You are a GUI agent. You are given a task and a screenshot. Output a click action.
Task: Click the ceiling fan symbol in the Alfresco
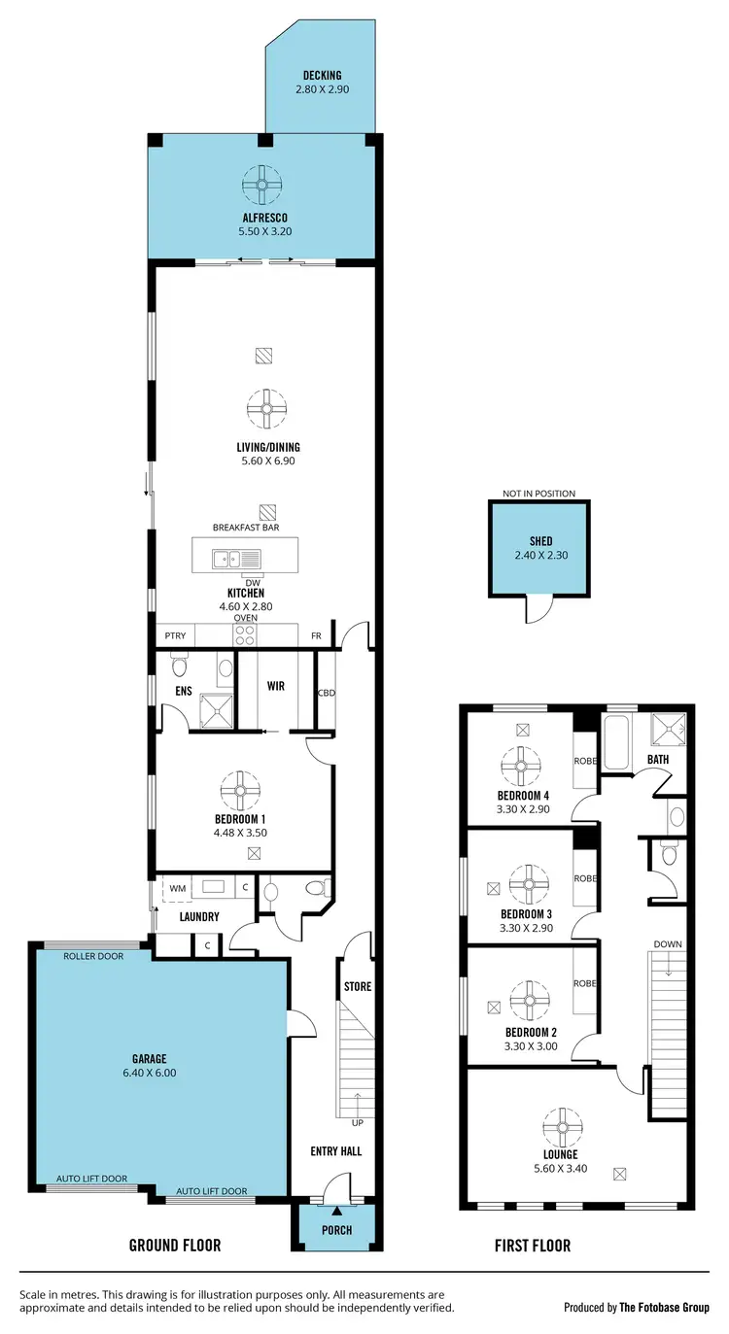click(261, 182)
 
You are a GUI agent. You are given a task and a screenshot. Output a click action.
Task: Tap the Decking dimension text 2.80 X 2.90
click(322, 89)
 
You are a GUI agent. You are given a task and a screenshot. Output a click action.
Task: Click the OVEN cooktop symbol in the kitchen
click(245, 634)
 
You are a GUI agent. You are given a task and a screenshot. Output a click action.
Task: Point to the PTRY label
click(175, 636)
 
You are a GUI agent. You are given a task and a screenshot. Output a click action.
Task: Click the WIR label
click(275, 685)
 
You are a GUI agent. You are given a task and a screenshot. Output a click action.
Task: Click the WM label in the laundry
click(178, 888)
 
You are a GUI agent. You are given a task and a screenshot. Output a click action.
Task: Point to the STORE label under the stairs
click(357, 987)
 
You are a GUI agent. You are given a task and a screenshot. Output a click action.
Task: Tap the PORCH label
click(336, 1230)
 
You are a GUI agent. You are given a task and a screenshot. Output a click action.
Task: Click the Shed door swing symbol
click(538, 608)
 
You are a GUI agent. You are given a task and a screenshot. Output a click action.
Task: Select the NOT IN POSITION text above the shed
click(538, 494)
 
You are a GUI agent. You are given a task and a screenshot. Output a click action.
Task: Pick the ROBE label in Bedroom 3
click(585, 877)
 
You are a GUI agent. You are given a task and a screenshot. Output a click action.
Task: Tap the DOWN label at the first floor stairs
click(668, 943)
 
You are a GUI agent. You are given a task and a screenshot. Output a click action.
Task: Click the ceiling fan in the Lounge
click(561, 1127)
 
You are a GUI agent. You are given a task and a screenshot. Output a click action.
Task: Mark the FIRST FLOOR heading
click(532, 1246)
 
